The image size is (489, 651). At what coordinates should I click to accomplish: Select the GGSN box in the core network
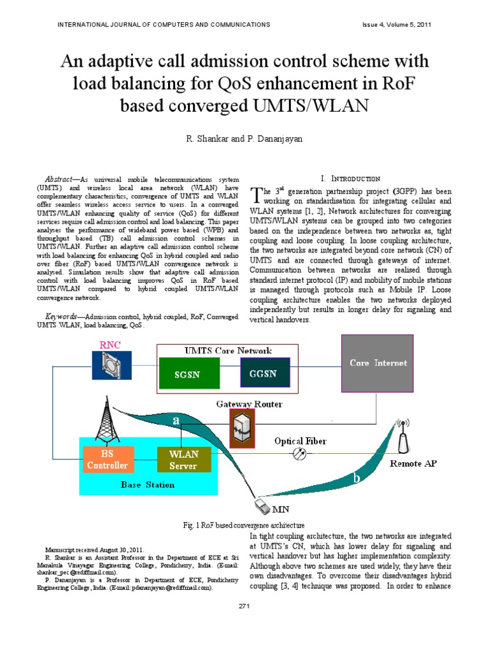click(264, 373)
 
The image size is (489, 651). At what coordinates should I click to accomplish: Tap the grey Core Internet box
click(378, 363)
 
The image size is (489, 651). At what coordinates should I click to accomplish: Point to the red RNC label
click(110, 345)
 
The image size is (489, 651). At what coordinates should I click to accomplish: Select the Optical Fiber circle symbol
click(299, 454)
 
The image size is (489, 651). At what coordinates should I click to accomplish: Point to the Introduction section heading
click(350, 179)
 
